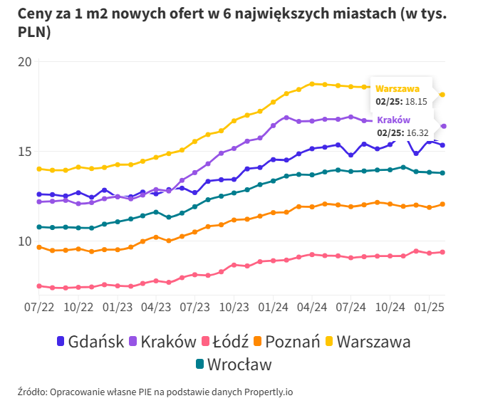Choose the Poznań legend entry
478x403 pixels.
pos(291,341)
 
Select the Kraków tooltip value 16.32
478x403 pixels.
pos(415,132)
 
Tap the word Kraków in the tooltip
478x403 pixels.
pos(393,120)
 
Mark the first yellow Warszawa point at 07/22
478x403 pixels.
pos(39,169)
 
